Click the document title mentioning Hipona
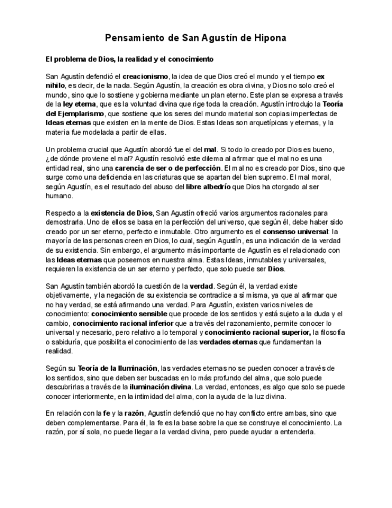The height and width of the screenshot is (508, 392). tap(196, 38)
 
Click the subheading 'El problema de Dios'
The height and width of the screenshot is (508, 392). tap(129, 60)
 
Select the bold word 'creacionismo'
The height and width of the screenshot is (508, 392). tap(145, 77)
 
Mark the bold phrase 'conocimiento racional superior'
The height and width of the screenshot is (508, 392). tap(251, 332)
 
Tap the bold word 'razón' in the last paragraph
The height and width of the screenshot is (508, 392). tap(135, 413)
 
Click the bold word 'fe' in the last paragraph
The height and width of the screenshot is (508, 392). tap(107, 413)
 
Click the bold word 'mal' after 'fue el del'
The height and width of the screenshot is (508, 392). tap(209, 149)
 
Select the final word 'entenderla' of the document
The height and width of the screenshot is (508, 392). tap(296, 432)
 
